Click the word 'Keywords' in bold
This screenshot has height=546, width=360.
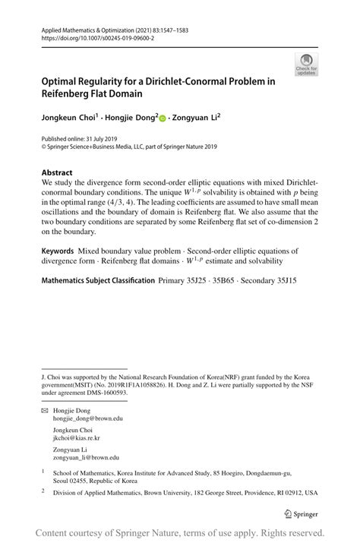pyautogui.click(x=58, y=251)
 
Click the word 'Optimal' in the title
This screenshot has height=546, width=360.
pyautogui.click(x=64, y=81)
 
